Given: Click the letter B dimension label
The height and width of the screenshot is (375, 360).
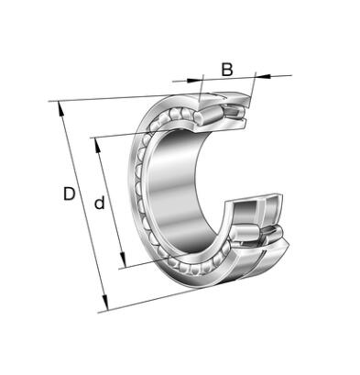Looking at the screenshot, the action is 227,70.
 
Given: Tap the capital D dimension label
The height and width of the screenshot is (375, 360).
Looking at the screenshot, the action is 70,193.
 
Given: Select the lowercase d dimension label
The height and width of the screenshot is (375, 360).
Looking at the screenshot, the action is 99,203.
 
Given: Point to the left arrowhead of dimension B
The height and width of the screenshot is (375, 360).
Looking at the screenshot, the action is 194,81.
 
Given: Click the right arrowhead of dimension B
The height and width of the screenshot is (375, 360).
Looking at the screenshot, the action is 263,76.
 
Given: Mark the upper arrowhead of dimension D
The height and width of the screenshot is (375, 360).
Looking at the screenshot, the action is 60,110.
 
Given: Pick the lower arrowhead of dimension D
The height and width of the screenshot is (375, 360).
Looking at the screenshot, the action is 105,303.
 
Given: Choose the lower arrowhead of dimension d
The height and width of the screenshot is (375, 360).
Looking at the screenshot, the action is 123,259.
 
